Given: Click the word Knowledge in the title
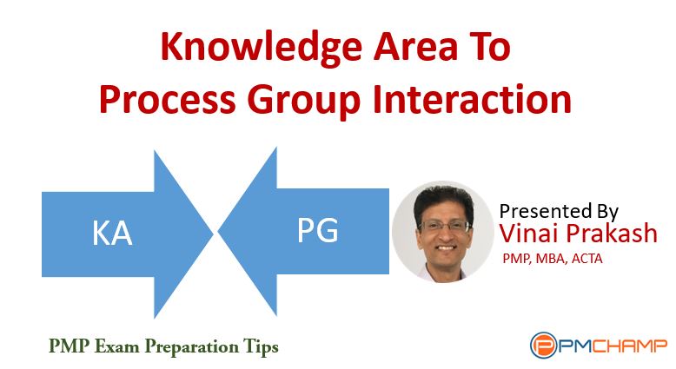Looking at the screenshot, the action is click(261, 49).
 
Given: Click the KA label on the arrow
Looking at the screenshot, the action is click(112, 234).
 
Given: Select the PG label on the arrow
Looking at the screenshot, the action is click(318, 230).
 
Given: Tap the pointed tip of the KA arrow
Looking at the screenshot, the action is click(213, 234).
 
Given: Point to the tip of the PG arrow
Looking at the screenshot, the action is click(219, 231).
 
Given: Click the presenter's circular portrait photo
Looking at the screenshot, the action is click(443, 231).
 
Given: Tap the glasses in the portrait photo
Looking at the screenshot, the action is click(443, 226).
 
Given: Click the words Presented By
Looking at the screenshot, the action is click(559, 211).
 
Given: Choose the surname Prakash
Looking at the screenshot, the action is click(612, 234).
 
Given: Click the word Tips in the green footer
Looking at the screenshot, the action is click(261, 347).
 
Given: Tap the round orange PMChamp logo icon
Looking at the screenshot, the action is click(543, 345).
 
